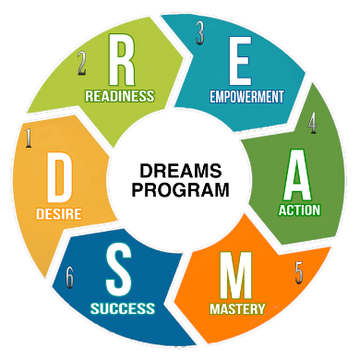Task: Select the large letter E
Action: coord(240,61)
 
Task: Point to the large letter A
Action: coord(297,174)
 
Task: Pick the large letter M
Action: coord(235,275)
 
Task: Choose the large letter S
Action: coord(119,269)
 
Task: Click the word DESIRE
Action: coord(59,214)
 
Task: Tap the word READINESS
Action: coord(120,96)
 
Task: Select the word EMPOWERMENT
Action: coord(246,97)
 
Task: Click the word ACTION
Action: coord(299,210)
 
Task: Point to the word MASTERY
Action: coord(237,309)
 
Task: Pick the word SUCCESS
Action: coord(123,308)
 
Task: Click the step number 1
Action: coord(29,138)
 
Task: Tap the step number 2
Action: coord(81,63)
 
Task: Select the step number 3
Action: coord(199,33)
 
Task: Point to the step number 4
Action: coord(313,123)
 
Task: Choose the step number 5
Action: coord(299,272)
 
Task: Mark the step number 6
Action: coord(70,277)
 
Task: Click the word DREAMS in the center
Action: coord(181,171)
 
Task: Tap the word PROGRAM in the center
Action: coord(181,189)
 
